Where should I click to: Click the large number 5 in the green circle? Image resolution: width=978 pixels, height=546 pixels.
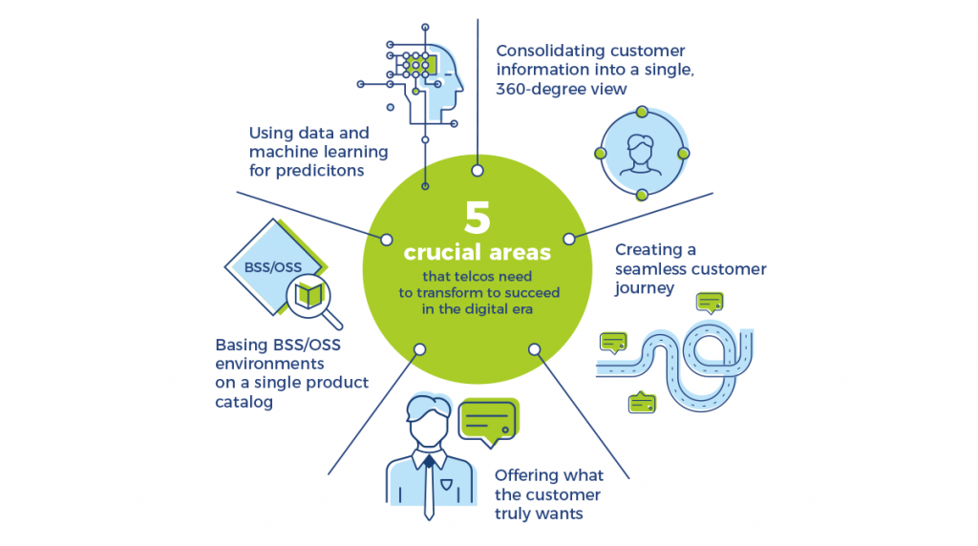477,217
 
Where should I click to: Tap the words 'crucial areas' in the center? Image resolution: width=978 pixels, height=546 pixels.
477,253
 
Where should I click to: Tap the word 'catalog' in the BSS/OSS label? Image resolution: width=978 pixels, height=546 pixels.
244,403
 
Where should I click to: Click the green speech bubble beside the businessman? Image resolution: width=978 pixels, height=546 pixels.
489,421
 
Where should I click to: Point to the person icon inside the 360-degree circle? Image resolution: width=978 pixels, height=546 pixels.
641,153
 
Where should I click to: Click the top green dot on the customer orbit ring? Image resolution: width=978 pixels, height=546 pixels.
642,112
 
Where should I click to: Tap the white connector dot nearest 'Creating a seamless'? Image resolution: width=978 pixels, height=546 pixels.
569,239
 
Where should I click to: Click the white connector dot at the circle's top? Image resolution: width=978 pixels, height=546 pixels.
477,171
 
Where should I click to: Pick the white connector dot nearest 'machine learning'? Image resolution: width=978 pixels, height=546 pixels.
387,239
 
